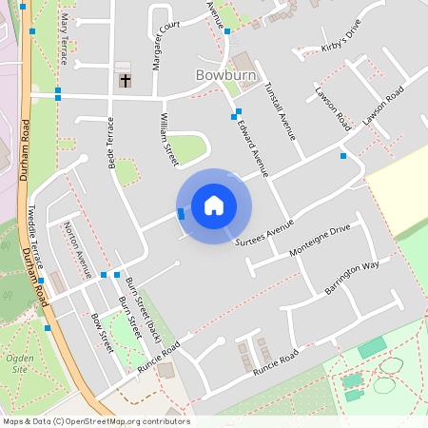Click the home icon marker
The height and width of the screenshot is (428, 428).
[x=214, y=205]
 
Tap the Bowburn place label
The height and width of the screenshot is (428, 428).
[x=222, y=73]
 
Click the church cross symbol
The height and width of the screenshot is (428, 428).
[x=125, y=81]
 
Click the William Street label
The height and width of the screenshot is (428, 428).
[x=168, y=138]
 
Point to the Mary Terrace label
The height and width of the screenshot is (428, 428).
[x=64, y=38]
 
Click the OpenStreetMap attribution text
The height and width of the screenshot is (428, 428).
[x=95, y=421]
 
